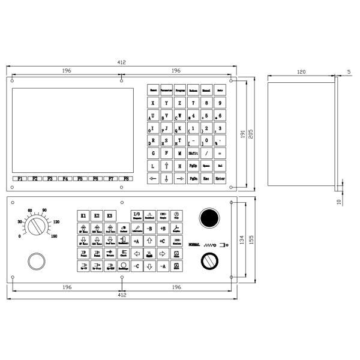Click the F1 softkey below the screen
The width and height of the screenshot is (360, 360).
click(20, 179)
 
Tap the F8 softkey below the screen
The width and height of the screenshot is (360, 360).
click(125, 179)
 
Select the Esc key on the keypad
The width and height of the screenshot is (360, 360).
click(206, 179)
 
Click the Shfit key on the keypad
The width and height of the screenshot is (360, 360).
click(193, 153)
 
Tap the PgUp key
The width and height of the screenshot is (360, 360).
click(193, 166)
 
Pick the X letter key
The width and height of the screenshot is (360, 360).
click(153, 103)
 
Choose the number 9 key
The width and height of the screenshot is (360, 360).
click(220, 103)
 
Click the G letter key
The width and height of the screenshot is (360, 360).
click(153, 153)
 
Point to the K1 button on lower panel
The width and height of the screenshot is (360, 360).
click(83, 215)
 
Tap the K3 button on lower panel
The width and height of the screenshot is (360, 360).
click(109, 215)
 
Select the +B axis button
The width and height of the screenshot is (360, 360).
click(163, 229)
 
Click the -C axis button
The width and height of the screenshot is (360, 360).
click(136, 266)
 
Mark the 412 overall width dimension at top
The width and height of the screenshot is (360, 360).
click(121, 62)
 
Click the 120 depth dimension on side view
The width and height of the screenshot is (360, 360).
click(301, 71)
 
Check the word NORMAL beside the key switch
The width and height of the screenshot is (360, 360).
click(195, 245)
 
